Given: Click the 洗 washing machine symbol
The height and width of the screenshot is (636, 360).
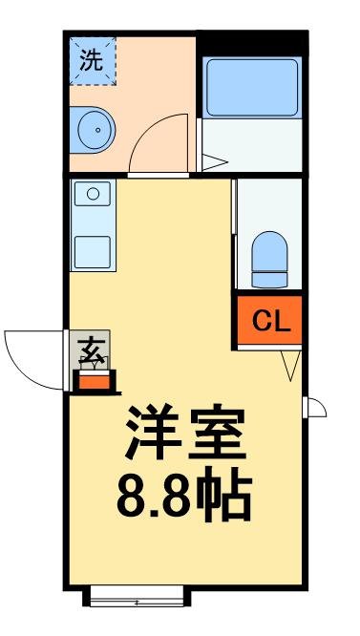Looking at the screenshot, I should coord(92,61).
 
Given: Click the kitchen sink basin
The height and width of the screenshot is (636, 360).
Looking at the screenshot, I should coord(94,195).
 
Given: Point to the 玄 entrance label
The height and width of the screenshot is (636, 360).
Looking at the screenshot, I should coord(93,350).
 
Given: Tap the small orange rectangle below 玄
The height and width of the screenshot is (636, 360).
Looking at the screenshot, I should coord(94,381).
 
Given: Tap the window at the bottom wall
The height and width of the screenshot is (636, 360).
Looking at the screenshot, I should coord(137,599).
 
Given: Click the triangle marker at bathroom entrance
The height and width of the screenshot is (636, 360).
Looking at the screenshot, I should coord(212,163).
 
